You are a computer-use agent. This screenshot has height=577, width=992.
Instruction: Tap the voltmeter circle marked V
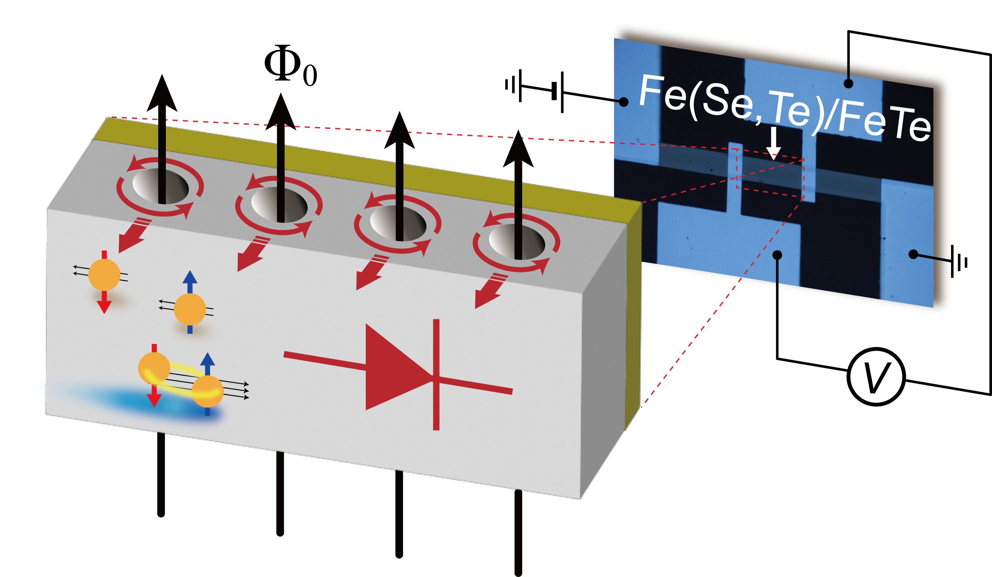(876, 377)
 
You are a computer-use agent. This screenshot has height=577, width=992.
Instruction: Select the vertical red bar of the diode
(436, 374)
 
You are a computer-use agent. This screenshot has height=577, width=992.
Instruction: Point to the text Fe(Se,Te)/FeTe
(783, 108)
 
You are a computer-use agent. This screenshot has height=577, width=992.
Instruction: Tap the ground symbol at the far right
(959, 262)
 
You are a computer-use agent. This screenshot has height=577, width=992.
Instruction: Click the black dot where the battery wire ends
(623, 102)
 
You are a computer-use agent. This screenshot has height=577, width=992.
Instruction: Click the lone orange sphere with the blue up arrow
(190, 309)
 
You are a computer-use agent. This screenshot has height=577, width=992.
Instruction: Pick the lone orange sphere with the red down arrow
(104, 274)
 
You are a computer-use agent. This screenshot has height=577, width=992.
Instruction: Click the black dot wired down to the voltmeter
(777, 255)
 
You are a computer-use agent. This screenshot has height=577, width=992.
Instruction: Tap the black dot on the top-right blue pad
(849, 83)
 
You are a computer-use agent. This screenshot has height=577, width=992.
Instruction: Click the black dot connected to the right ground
(913, 254)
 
